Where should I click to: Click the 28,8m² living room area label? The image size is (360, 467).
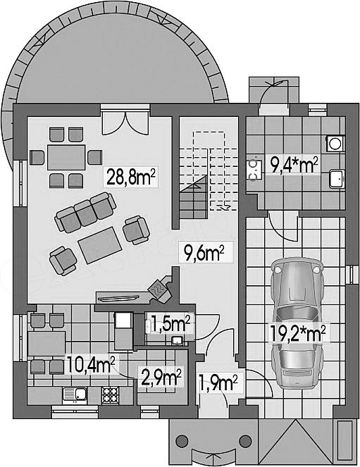[x=131, y=177]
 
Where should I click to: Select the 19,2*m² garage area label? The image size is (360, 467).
[x=298, y=334]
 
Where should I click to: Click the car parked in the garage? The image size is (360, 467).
[x=297, y=323]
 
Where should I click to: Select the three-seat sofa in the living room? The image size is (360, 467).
[x=85, y=212]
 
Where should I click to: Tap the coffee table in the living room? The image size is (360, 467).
[x=100, y=245]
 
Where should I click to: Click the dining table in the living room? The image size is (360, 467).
[x=66, y=157]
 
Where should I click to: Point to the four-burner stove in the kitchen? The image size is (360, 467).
[x=111, y=395]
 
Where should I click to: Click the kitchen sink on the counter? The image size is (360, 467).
[x=75, y=395]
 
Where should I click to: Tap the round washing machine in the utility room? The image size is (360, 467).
[x=335, y=144]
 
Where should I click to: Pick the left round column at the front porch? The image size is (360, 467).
[x=182, y=441]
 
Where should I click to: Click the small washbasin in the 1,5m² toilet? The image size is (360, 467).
[x=178, y=341]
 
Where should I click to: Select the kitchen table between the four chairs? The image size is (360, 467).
[x=46, y=344]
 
